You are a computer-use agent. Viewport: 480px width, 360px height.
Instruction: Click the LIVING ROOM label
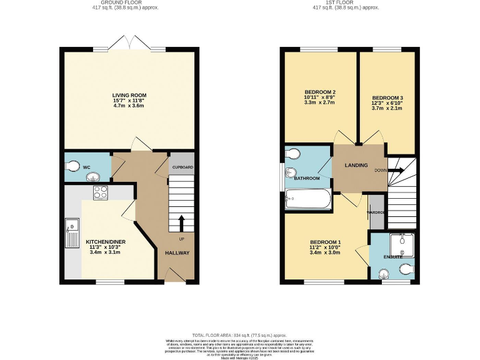coord(129,95)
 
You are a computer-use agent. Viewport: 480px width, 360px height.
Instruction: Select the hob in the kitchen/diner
coord(100,193)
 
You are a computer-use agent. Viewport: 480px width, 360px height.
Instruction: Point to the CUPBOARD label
coord(182,167)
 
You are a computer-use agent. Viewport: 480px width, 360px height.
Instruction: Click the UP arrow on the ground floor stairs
coord(182,222)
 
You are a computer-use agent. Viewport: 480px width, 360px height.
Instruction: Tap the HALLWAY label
coord(177,252)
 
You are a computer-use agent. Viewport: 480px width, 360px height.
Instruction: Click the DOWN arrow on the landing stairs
coord(396,169)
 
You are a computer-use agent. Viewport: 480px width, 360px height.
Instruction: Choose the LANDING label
coord(358,166)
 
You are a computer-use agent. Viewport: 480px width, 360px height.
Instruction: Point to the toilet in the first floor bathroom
coord(292,154)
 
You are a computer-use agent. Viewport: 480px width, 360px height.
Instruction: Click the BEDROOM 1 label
coord(325,242)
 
